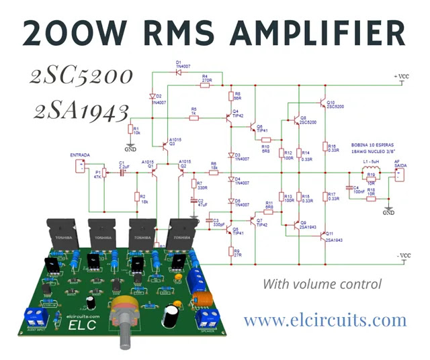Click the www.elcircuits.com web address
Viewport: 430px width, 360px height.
(x=325, y=320)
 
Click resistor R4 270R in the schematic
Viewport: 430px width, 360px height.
(x=205, y=85)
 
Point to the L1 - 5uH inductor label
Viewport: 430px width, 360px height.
(x=370, y=162)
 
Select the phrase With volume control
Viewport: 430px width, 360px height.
(x=322, y=284)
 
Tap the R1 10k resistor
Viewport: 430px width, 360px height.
(x=132, y=130)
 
